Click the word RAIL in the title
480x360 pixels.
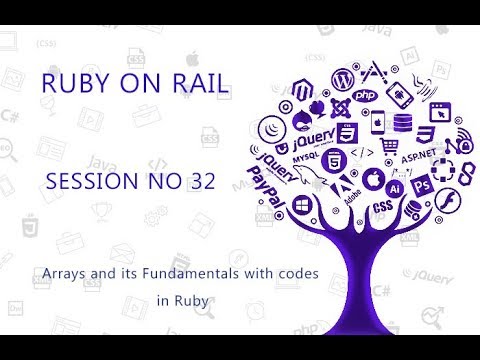click(x=191, y=85)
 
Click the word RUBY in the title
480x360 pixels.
click(x=73, y=85)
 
